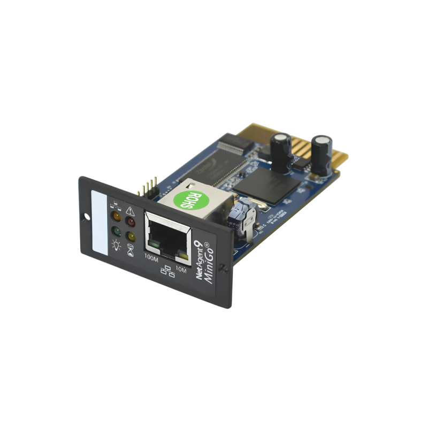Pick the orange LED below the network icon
point(114,216)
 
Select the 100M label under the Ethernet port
point(152,259)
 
